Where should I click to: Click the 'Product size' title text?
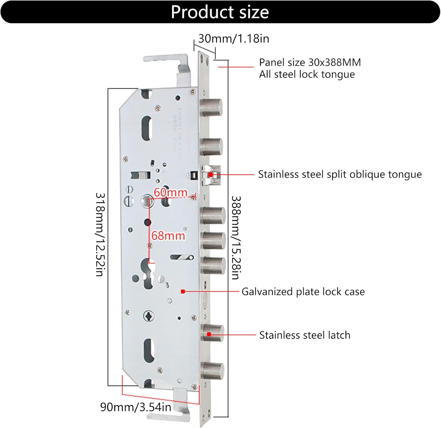pyautogui.click(x=220, y=12)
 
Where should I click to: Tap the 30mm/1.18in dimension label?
pyautogui.click(x=234, y=39)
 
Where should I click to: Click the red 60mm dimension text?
pyautogui.click(x=171, y=193)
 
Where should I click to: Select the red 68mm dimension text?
pyautogui.click(x=168, y=235)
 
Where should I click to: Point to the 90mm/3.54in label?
pyautogui.click(x=136, y=407)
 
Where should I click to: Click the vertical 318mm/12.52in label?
pyautogui.click(x=100, y=234)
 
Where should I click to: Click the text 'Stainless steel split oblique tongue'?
pyautogui.click(x=340, y=174)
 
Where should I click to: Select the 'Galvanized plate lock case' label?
pyautogui.click(x=303, y=291)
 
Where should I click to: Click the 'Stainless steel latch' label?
pyautogui.click(x=305, y=335)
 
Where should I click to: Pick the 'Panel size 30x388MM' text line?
pyautogui.click(x=310, y=62)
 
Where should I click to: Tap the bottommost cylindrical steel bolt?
pyautogui.click(x=212, y=371)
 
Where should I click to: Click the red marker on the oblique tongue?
pyautogui.click(x=211, y=175)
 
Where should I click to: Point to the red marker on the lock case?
pyautogui.click(x=183, y=291)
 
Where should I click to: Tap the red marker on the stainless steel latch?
pyautogui.click(x=209, y=334)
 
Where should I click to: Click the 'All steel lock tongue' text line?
pyautogui.click(x=307, y=74)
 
